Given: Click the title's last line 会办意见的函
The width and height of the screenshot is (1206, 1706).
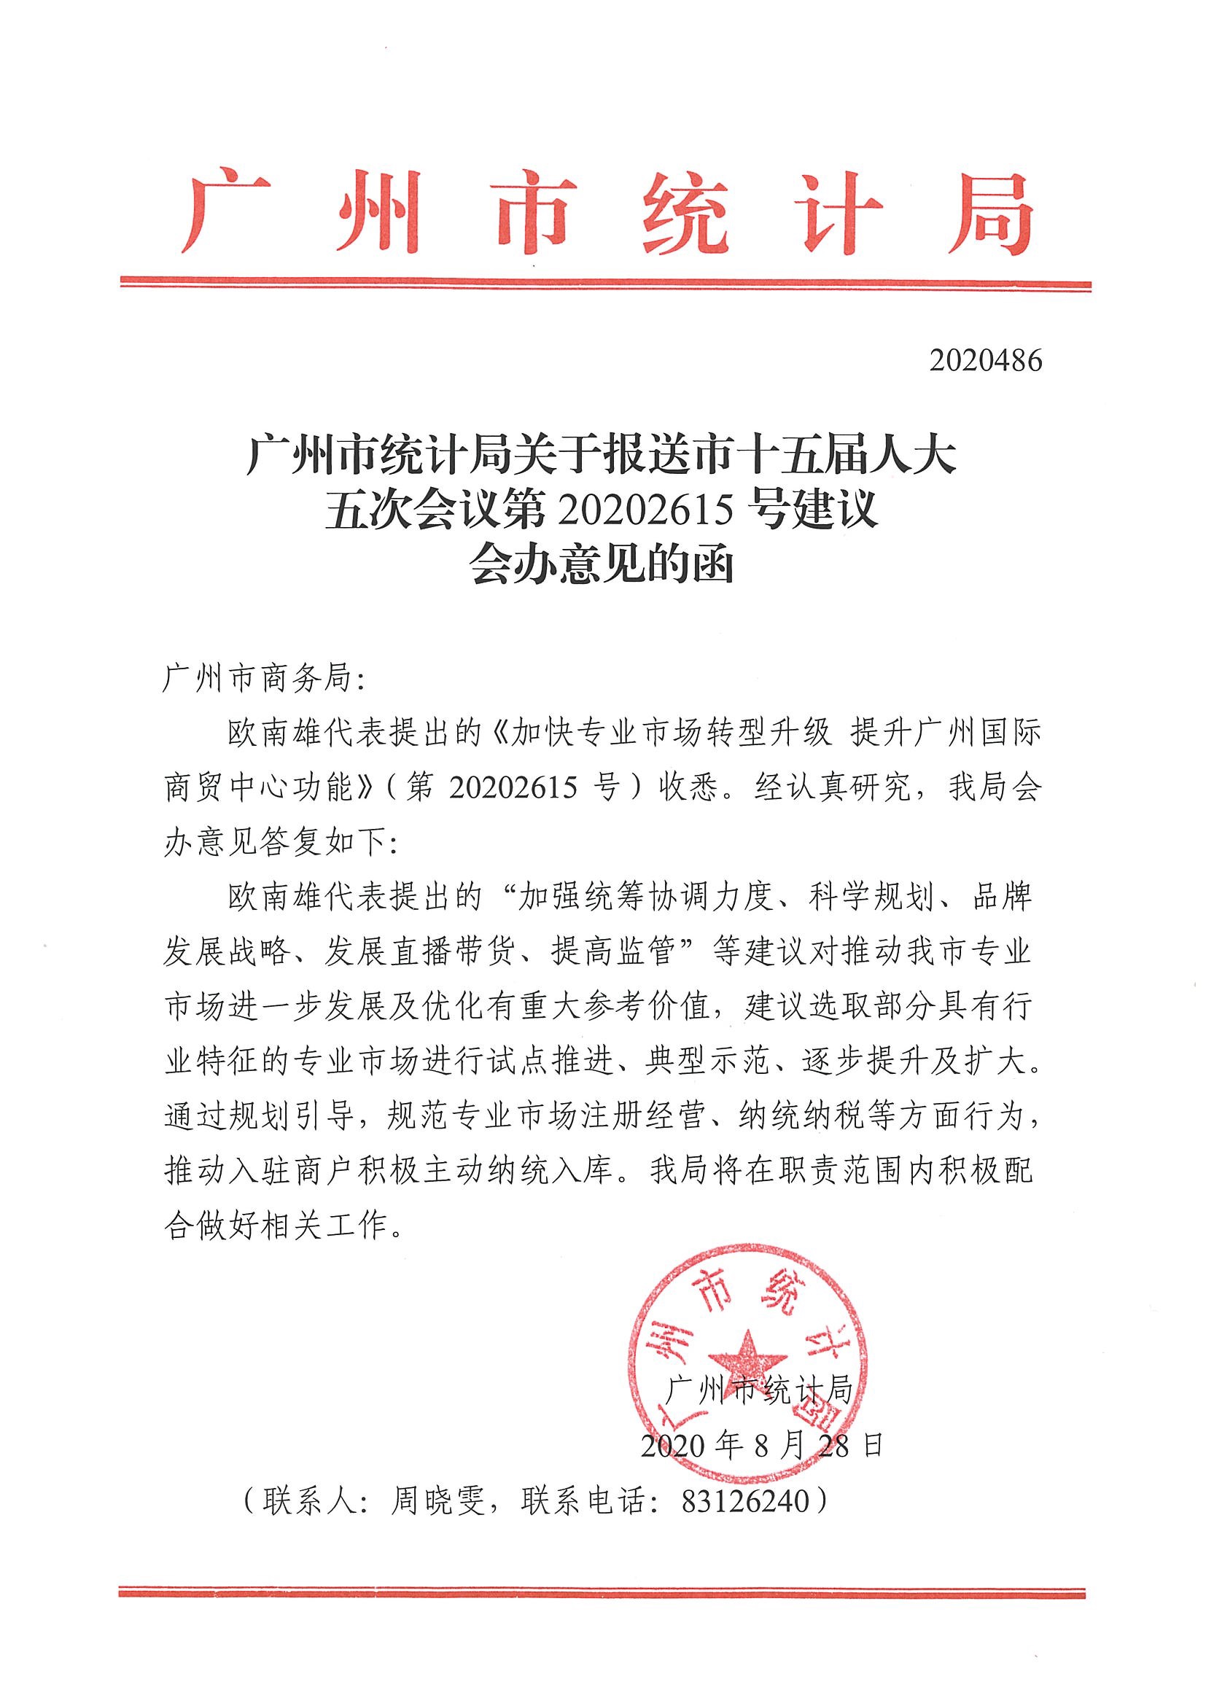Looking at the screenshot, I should coord(602,567).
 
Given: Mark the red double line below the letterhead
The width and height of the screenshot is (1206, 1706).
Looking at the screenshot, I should coord(605,283).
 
